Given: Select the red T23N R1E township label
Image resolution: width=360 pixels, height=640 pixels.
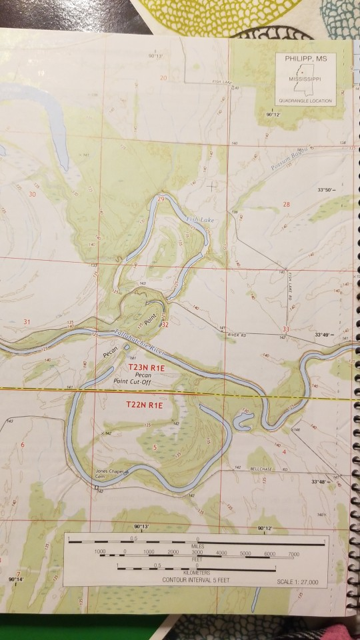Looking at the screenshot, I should pyautogui.click(x=145, y=367).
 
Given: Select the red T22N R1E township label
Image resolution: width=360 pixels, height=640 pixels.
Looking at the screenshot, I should pyautogui.click(x=145, y=405).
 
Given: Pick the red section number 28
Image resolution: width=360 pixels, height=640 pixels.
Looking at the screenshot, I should pyautogui.click(x=287, y=204).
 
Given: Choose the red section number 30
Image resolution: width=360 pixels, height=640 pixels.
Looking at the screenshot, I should pyautogui.click(x=33, y=194).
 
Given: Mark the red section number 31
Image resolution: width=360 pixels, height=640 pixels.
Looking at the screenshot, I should pyautogui.click(x=27, y=323).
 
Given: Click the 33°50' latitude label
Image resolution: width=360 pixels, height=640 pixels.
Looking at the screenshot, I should pyautogui.click(x=326, y=190).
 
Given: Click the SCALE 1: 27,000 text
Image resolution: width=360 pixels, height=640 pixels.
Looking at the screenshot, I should pyautogui.click(x=297, y=582).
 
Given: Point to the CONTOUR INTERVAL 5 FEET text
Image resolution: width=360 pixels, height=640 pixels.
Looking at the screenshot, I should pyautogui.click(x=195, y=581).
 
